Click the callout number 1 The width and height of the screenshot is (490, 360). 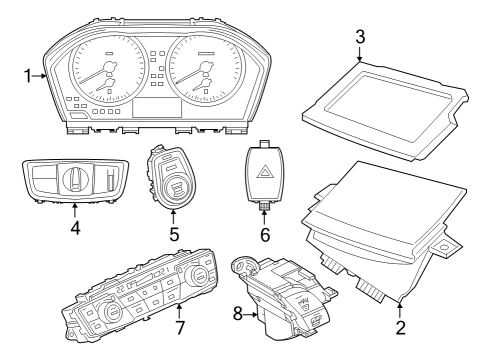tap(28, 74)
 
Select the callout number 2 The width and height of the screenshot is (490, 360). tap(401, 326)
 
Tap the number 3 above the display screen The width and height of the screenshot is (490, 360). tap(360, 37)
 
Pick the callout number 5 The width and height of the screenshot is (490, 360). tap(173, 235)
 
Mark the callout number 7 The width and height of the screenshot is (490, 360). tap(181, 328)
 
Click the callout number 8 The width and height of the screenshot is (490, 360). tap(238, 313)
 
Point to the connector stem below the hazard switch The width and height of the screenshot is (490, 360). tap(265, 205)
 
